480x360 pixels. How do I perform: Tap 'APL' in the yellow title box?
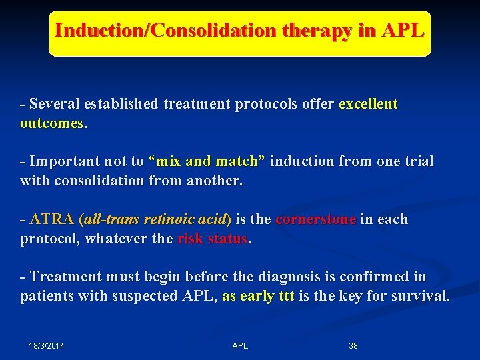point(403,31)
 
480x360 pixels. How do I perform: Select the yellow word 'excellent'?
point(369,104)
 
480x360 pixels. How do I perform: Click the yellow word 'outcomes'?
point(52,123)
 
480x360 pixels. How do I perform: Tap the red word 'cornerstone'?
point(315,219)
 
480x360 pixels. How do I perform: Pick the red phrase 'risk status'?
point(213,239)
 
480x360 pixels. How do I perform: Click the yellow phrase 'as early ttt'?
point(258,296)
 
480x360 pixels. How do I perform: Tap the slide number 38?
point(353,346)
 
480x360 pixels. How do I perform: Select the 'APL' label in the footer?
point(240,346)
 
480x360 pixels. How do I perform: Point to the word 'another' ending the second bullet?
point(215,181)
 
